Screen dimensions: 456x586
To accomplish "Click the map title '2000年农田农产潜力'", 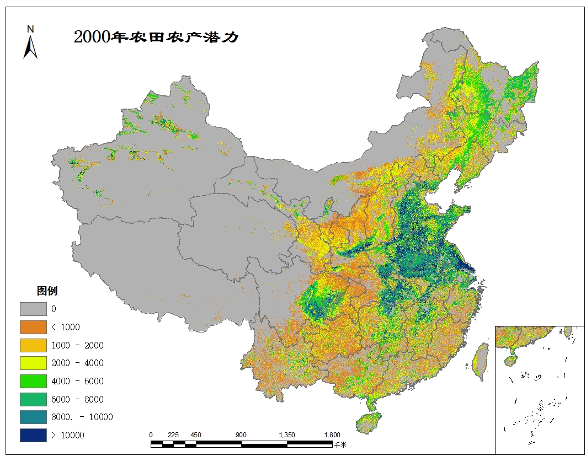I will point(156,37).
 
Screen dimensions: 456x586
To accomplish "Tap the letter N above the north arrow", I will point(31,29).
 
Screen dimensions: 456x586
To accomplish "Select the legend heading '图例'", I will point(47,291).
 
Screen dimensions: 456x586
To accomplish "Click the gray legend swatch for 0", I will point(33,309).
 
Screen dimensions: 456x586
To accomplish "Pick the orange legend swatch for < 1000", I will point(33,327).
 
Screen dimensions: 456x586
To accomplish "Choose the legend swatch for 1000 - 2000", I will point(33,345).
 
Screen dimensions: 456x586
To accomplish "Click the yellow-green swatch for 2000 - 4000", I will point(33,363).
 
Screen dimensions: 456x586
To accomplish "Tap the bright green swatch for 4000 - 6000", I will point(33,381).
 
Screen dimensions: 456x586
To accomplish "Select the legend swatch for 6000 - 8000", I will point(33,399).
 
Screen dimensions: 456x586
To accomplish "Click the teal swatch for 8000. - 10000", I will point(33,417).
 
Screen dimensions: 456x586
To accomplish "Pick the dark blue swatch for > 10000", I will point(33,435).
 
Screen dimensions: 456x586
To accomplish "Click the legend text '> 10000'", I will point(68,435).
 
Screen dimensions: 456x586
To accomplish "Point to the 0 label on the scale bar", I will point(151,434).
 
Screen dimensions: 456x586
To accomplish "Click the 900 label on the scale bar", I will point(241,434).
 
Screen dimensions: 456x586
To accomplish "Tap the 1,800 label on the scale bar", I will point(332,434).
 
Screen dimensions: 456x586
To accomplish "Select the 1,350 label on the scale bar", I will point(287,434).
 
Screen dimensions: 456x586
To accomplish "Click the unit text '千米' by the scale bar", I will point(340,444).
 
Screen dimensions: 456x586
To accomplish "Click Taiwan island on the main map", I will point(481,361).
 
